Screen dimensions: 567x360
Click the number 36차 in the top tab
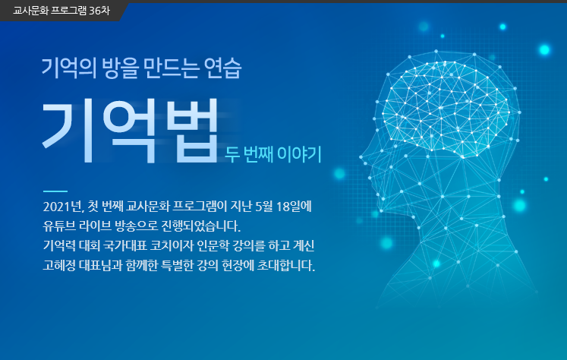coord(99,11)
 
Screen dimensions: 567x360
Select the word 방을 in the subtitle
coord(120,68)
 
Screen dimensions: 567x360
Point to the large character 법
coord(192,130)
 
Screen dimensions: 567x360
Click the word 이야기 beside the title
coord(299,154)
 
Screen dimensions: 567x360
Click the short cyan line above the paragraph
coord(55,191)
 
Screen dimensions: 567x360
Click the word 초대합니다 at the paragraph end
coord(285,265)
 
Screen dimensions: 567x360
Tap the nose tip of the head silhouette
coord(361,157)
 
